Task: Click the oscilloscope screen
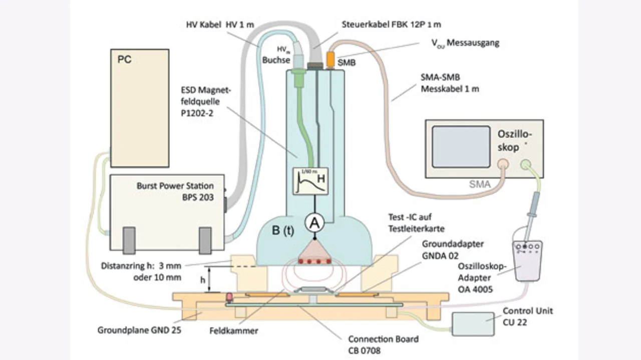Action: click(x=461, y=146)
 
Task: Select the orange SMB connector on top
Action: click(x=331, y=59)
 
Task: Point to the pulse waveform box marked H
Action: click(x=310, y=181)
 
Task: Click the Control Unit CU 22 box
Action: click(x=472, y=323)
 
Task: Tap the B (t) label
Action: click(x=282, y=231)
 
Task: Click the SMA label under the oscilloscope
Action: click(x=479, y=185)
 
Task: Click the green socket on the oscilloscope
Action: click(x=525, y=164)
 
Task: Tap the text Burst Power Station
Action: click(x=175, y=186)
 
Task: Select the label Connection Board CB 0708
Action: click(x=383, y=344)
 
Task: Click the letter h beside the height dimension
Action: click(x=203, y=281)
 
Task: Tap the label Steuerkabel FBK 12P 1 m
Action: click(x=391, y=24)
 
